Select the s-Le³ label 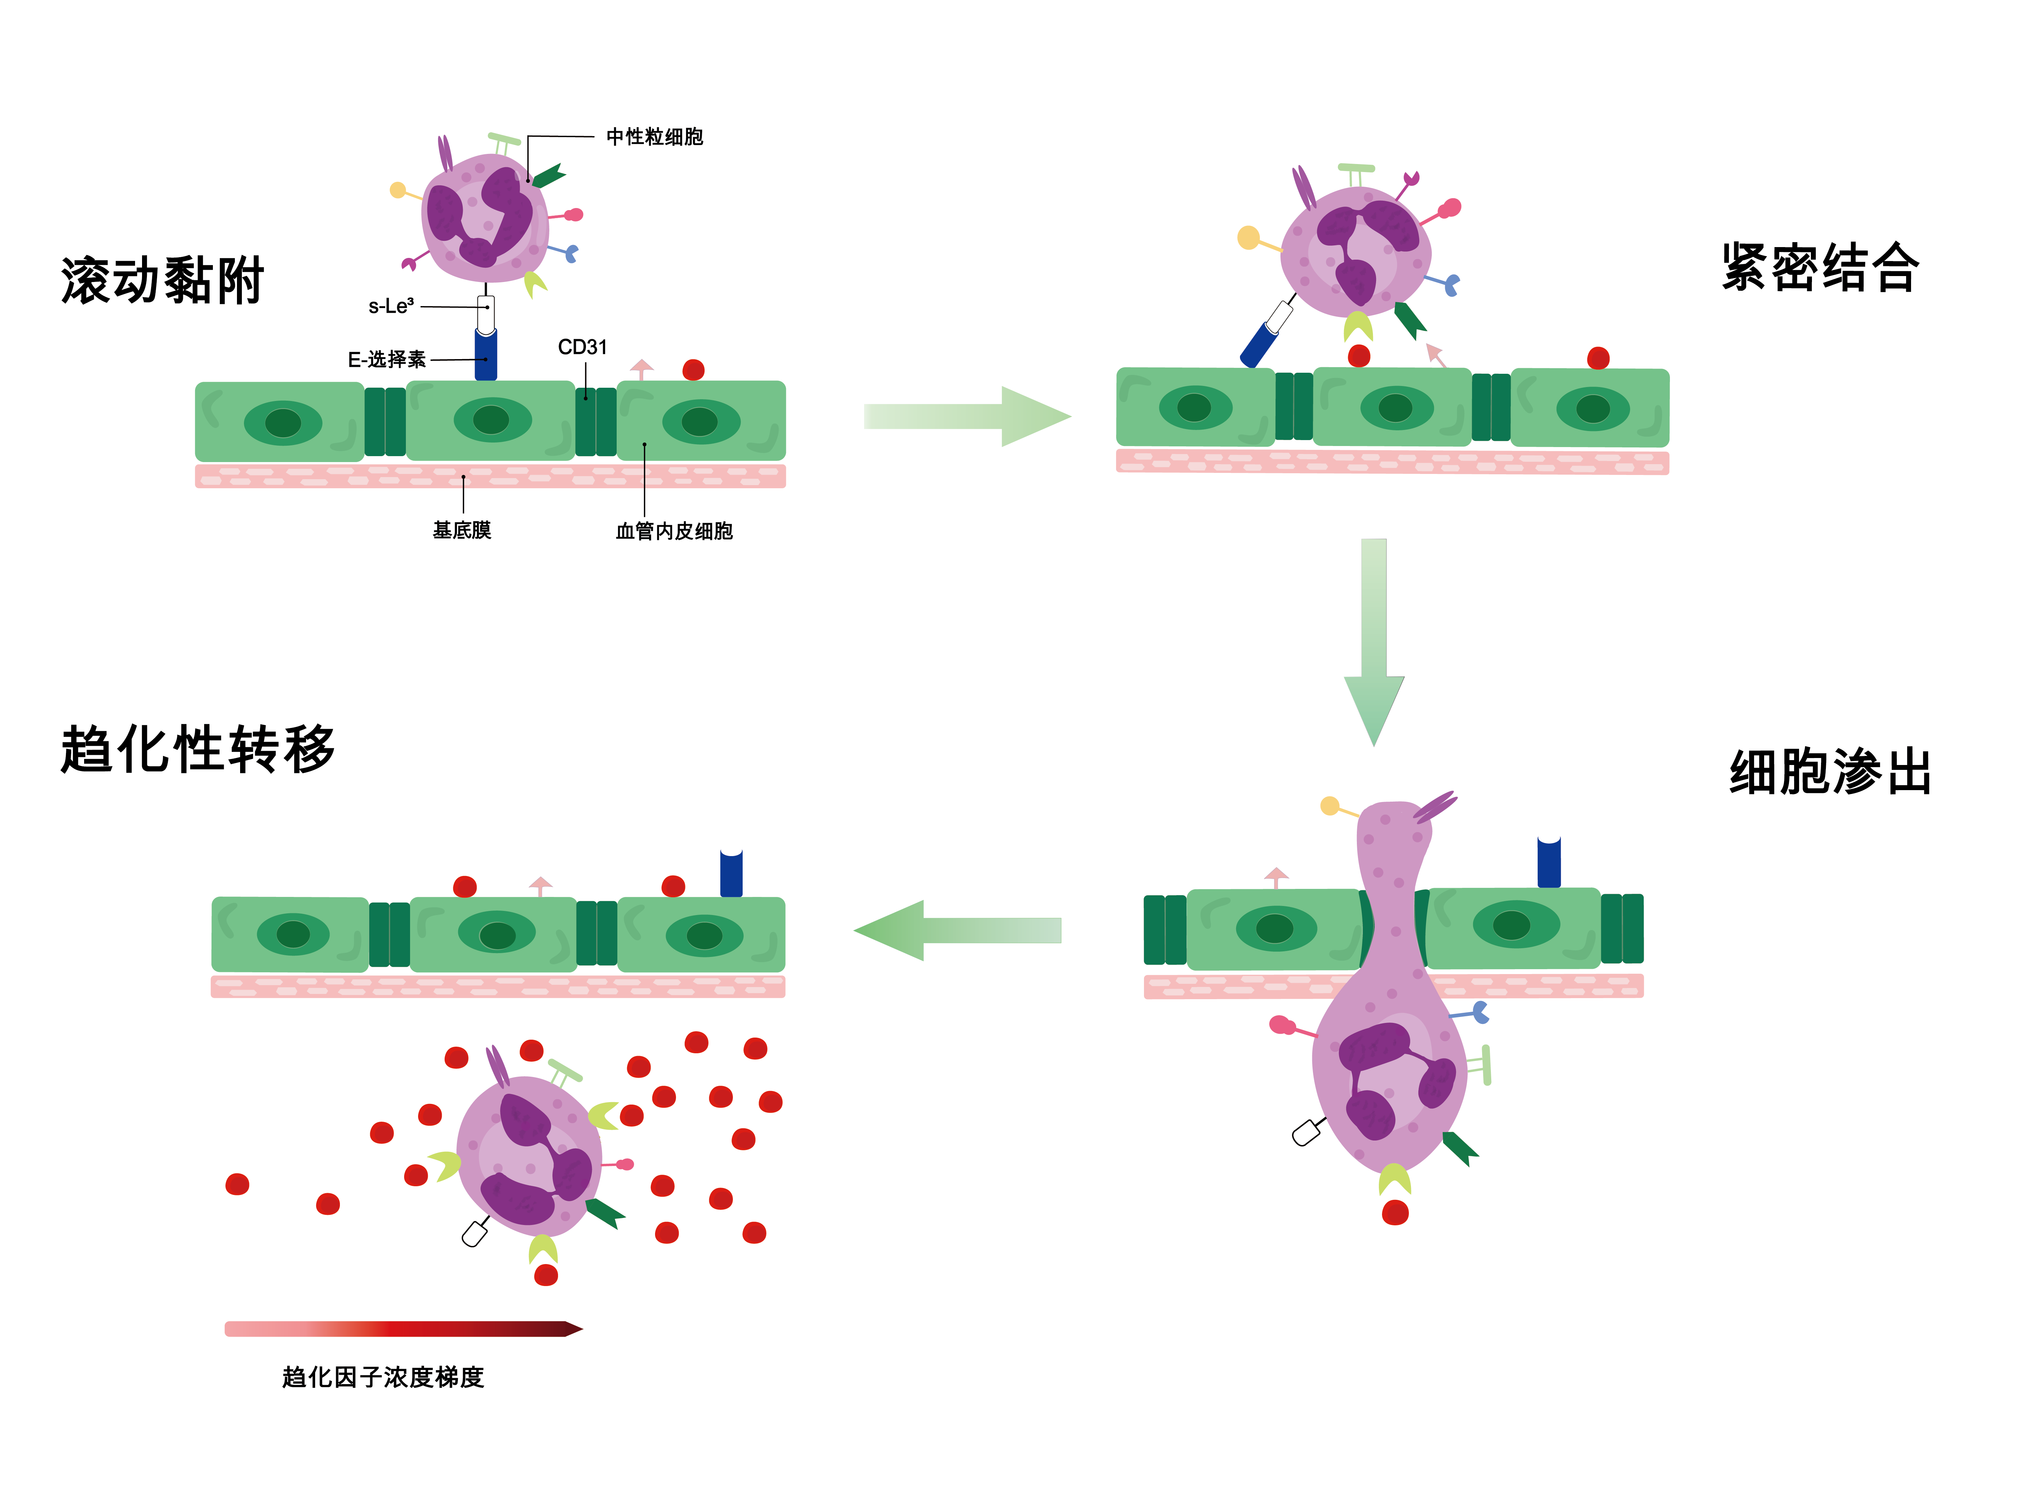(x=391, y=306)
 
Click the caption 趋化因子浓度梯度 (x=383, y=1377)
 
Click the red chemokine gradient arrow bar (x=402, y=1329)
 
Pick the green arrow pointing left (x=958, y=930)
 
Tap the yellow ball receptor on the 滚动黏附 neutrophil (x=397, y=190)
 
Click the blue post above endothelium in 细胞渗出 (x=1549, y=863)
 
